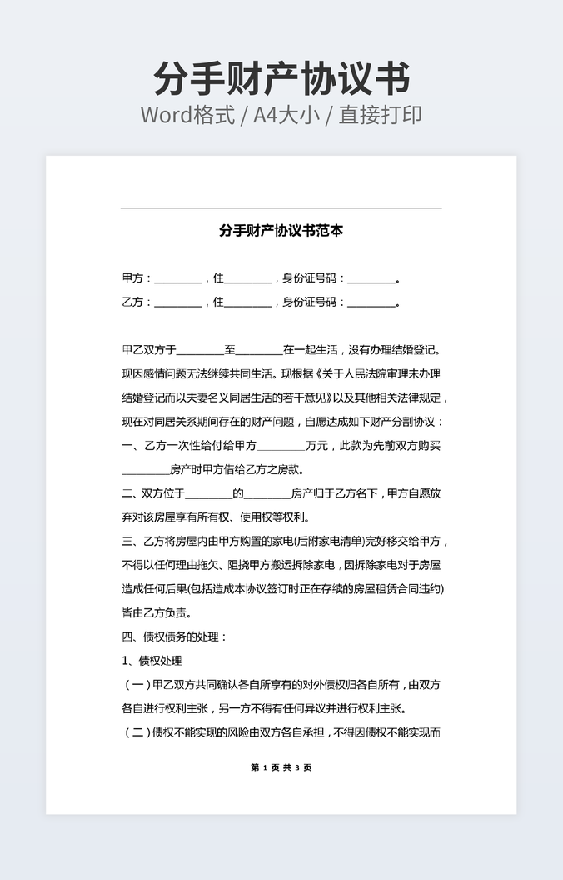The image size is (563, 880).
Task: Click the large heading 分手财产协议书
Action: (281, 79)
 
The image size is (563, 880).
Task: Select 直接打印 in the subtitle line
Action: (379, 115)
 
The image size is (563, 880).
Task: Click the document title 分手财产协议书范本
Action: (281, 231)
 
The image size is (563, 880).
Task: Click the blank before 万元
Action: (281, 447)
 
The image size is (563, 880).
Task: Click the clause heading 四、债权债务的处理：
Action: (174, 637)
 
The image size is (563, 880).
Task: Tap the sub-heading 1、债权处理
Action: (151, 661)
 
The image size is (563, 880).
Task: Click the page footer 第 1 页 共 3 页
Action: (281, 767)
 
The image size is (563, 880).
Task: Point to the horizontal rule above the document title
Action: (281, 207)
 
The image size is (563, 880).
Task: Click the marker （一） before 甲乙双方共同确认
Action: (137, 685)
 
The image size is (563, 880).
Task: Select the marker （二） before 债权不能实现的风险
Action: (137, 733)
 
